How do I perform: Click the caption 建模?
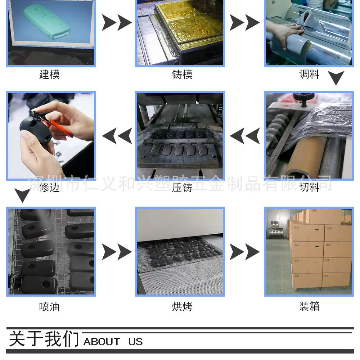point(49,75)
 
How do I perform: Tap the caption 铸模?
point(182,75)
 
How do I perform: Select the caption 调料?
point(309,74)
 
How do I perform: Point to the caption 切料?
point(309,187)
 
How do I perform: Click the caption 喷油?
point(49,307)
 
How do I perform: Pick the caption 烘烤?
point(182,307)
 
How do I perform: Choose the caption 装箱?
point(309,306)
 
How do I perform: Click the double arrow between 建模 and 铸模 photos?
point(117,22)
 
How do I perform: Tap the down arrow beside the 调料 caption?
point(336,78)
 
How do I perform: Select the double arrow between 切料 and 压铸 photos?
point(245,136)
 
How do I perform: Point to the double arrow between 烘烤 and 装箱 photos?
point(245,252)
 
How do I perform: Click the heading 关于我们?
point(44,339)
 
